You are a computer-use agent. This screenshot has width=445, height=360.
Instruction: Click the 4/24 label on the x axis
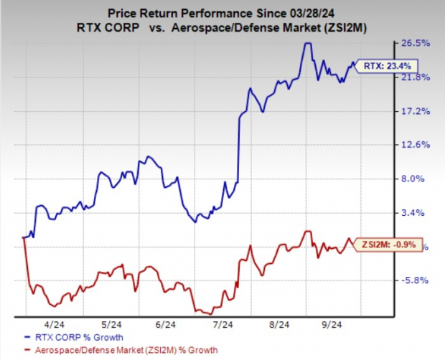coord(52,323)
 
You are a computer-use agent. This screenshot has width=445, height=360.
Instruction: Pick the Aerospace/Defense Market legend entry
coord(122,349)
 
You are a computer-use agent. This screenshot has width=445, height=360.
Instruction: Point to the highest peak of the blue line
coord(307,43)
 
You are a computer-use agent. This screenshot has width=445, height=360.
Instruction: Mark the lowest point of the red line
coord(209,313)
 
